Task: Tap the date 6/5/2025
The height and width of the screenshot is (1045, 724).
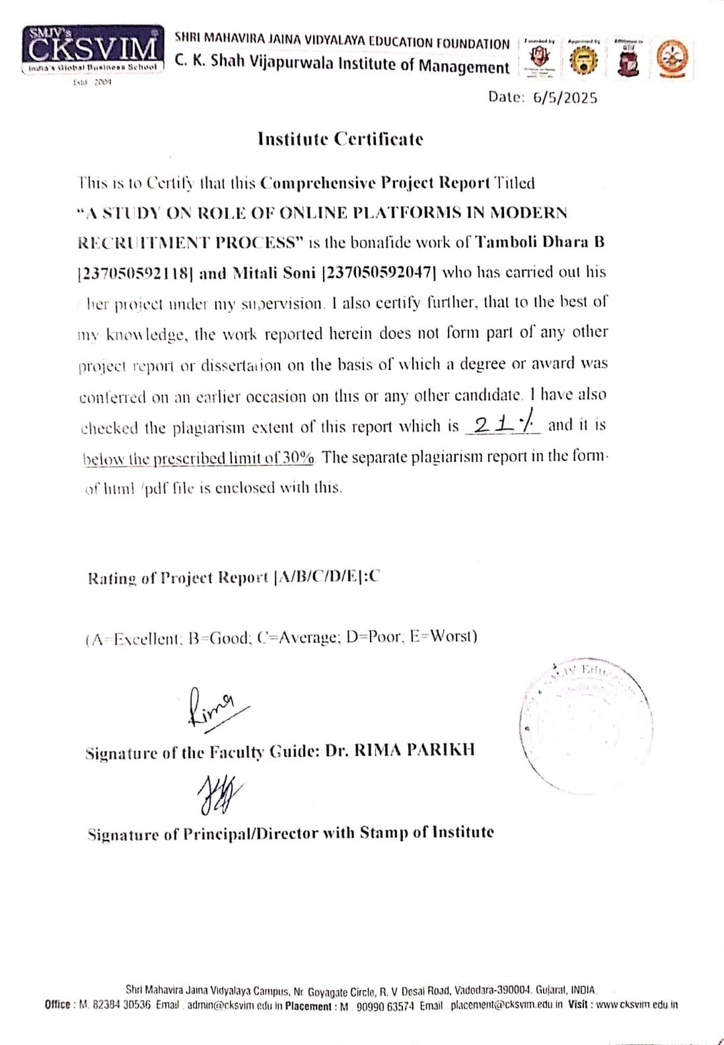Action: click(564, 98)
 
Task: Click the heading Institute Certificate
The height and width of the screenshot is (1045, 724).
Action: click(341, 139)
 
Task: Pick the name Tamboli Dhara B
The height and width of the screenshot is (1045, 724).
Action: click(541, 242)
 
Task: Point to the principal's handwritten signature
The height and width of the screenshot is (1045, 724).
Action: click(219, 794)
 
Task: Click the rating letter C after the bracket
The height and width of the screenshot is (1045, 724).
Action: click(374, 576)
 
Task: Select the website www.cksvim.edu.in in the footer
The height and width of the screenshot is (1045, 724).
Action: click(637, 1005)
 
